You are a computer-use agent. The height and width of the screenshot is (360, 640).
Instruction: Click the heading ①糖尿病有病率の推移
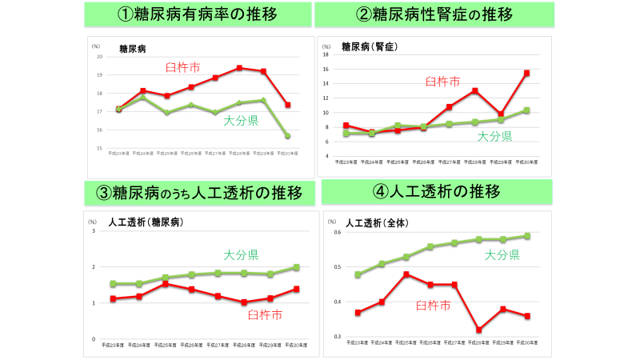pos(197,14)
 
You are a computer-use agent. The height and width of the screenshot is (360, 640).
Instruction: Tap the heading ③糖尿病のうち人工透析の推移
pos(197,193)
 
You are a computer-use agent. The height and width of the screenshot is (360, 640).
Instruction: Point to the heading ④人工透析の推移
pos(437,192)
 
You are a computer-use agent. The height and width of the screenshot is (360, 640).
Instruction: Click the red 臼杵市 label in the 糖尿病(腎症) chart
pos(442,82)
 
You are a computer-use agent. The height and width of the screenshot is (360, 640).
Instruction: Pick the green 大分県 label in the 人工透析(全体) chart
pos(502,255)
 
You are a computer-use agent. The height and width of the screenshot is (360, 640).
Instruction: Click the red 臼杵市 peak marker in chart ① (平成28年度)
pos(239,68)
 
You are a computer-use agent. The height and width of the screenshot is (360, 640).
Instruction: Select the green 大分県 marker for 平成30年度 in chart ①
pos(287,137)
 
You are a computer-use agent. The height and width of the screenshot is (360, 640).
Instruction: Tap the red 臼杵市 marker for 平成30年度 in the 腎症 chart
pos(526,73)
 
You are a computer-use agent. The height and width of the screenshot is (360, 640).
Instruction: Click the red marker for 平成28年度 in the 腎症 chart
pos(475,90)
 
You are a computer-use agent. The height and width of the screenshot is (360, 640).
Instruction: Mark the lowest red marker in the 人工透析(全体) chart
pos(478,330)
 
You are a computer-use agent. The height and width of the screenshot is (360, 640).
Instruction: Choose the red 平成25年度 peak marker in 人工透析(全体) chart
pos(406,274)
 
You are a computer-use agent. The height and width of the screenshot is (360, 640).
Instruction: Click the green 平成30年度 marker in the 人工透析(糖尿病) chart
pos(296,267)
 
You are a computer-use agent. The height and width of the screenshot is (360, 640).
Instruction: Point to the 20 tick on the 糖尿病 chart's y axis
pos(99,57)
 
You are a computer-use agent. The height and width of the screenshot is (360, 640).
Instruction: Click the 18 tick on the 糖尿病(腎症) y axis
pos(326,54)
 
